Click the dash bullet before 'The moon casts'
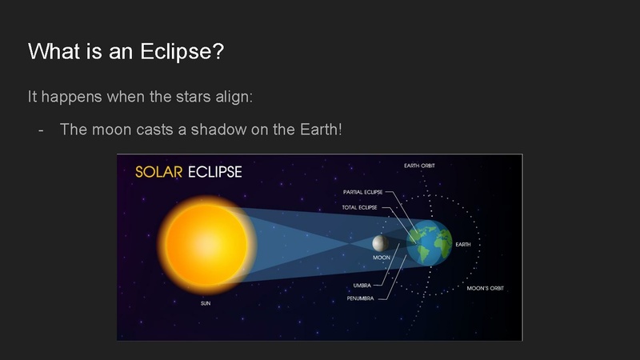[x=41, y=129]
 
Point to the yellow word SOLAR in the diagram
[x=159, y=171]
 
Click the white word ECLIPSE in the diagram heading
[x=214, y=171]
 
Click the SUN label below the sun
[x=206, y=304]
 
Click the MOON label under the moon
[x=382, y=258]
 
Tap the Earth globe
[x=430, y=242]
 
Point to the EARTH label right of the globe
[x=463, y=244]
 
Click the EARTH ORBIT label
[x=419, y=166]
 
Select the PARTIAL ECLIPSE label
[x=362, y=192]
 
